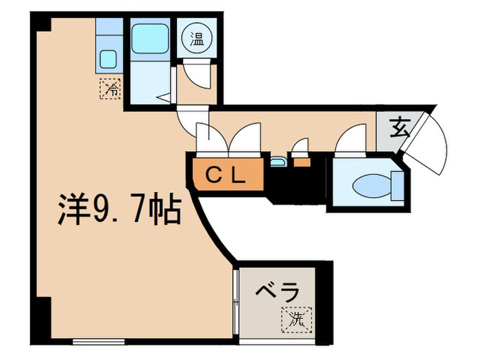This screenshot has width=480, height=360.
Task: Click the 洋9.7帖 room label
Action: pyautogui.click(x=120, y=209)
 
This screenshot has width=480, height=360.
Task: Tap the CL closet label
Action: pyautogui.click(x=226, y=176)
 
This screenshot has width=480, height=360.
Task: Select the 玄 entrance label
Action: pyautogui.click(x=400, y=129)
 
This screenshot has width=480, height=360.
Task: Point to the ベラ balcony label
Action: pyautogui.click(x=277, y=291)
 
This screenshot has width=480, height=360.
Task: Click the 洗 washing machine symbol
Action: pyautogui.click(x=297, y=320)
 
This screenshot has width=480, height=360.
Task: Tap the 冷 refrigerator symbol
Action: pyautogui.click(x=110, y=88)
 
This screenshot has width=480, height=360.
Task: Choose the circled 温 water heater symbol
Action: pyautogui.click(x=197, y=38)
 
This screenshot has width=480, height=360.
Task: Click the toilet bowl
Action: pyautogui.click(x=372, y=186)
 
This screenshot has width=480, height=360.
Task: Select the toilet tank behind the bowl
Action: pyautogui.click(x=397, y=186)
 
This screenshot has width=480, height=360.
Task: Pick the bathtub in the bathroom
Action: pyautogui.click(x=150, y=39)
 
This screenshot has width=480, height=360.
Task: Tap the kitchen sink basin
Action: pyautogui.click(x=108, y=59)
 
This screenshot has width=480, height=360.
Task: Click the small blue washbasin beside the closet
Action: pyautogui.click(x=278, y=162)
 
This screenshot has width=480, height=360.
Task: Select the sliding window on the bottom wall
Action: pyautogui.click(x=99, y=341)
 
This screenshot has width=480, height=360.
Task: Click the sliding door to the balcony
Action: pyautogui.click(x=235, y=302)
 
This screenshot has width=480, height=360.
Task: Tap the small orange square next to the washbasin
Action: pyautogui.click(x=302, y=163)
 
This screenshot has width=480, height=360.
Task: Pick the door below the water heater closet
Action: pyautogui.click(x=197, y=74)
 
